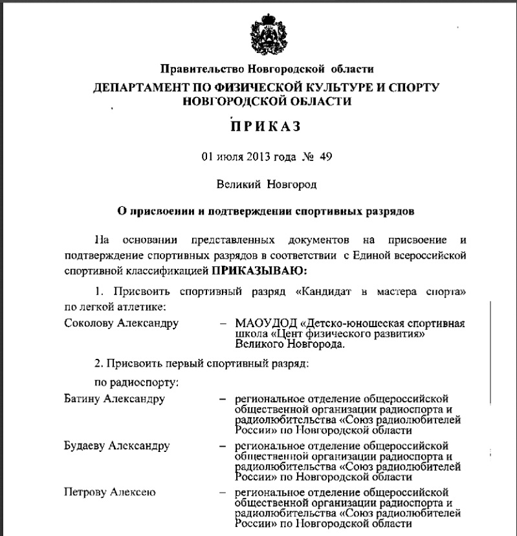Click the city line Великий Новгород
(x=267, y=184)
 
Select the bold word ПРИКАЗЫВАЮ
(x=260, y=268)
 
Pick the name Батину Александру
(x=115, y=398)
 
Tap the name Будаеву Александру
(x=117, y=446)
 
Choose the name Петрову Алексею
(x=111, y=494)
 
